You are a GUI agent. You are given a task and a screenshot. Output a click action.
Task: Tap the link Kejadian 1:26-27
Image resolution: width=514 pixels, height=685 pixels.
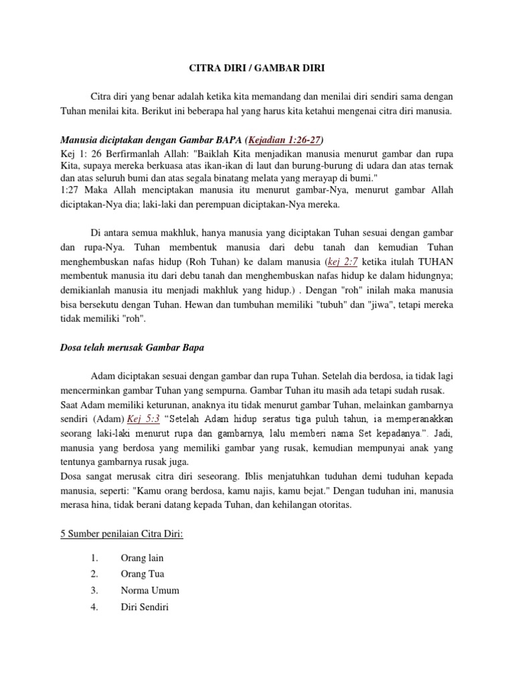284,140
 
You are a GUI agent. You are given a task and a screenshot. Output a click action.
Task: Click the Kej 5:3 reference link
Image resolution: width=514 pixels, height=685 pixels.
145,418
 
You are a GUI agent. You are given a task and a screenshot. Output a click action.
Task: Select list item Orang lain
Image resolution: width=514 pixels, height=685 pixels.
142,558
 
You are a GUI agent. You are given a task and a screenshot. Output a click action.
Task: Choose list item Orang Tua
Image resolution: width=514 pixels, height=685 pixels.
142,574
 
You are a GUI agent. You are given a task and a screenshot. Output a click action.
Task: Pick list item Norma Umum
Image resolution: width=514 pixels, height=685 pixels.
150,591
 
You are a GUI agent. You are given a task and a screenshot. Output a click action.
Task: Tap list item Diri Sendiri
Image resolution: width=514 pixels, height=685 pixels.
145,607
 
